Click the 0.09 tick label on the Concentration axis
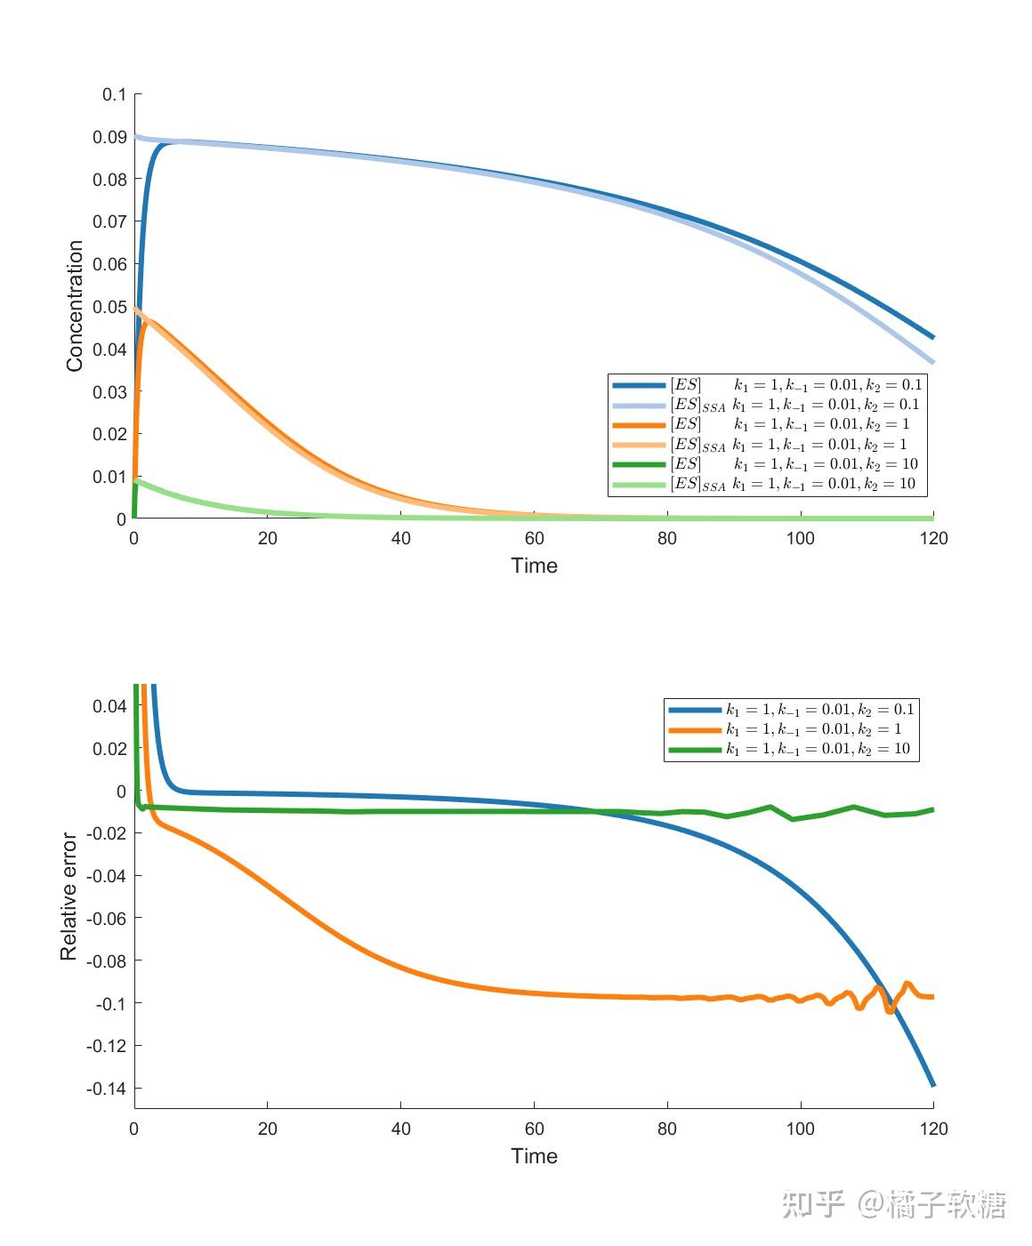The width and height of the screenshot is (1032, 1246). [109, 137]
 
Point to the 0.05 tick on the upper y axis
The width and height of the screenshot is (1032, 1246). [109, 307]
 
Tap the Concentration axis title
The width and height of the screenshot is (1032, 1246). [75, 306]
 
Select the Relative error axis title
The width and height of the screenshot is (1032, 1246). [69, 896]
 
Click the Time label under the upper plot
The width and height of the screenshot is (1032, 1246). [534, 566]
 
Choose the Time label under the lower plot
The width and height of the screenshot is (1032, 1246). [534, 1156]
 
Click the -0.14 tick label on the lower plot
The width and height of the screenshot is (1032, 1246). [106, 1089]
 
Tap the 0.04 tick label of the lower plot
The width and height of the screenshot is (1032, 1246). [109, 706]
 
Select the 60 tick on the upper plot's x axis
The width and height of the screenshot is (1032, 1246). [534, 538]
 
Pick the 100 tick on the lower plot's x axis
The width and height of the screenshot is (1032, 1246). [800, 1129]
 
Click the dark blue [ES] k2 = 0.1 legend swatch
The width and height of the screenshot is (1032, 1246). [639, 385]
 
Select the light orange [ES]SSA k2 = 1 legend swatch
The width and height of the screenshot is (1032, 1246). [639, 445]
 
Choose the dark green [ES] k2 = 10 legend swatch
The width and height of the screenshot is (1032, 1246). [639, 464]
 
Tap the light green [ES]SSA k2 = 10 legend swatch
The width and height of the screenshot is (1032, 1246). [639, 485]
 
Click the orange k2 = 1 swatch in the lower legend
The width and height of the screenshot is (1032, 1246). [695, 730]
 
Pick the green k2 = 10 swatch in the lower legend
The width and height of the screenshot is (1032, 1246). [695, 750]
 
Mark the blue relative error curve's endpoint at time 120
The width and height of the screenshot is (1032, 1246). [932, 1084]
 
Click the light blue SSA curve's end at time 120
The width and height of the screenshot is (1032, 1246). [932, 362]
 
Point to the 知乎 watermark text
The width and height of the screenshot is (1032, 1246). [813, 1204]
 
